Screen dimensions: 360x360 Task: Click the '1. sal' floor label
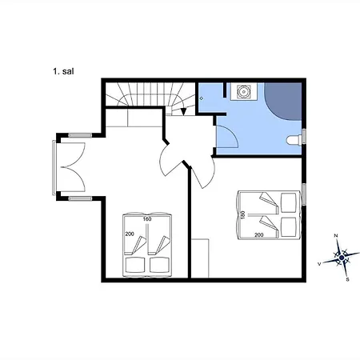63,71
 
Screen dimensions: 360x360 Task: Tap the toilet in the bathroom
294,140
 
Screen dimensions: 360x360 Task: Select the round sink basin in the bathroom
243,91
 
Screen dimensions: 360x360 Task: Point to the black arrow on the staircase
183,111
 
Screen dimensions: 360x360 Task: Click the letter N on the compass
336,235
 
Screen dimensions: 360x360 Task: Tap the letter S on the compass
347,279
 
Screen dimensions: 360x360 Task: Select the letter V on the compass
319,264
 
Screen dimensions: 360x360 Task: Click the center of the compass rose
342,258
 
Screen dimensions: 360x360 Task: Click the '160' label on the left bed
147,219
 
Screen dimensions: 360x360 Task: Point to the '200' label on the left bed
130,234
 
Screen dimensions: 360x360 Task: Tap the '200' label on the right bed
259,235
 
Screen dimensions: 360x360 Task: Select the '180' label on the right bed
242,215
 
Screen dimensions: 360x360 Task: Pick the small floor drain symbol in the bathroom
202,98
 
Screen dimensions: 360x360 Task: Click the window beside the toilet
304,137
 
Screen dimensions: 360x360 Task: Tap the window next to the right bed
304,194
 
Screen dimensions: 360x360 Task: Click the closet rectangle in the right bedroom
200,258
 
